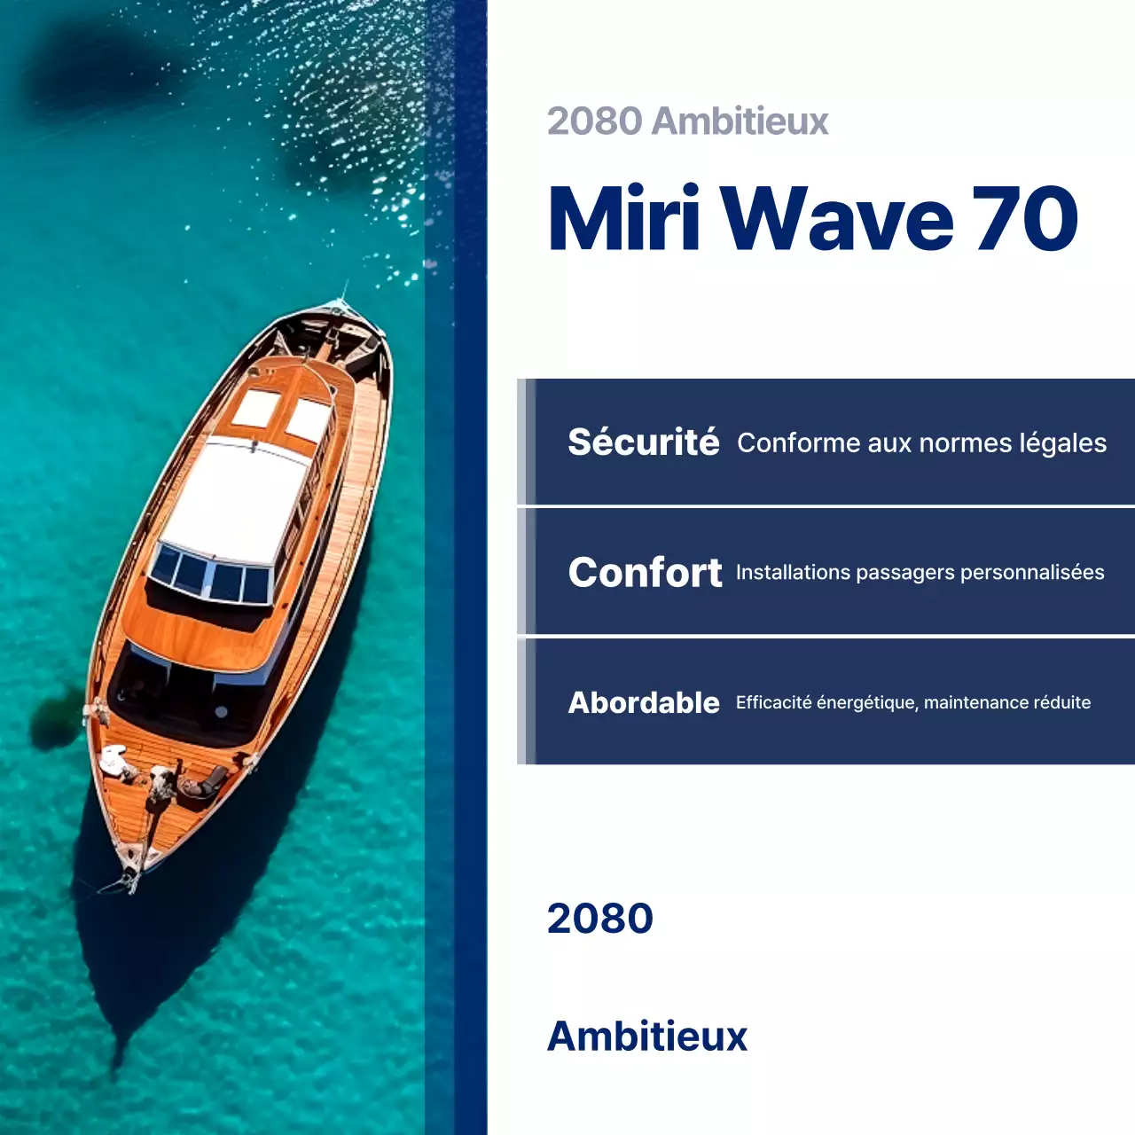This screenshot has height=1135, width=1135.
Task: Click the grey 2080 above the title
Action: pyautogui.click(x=594, y=121)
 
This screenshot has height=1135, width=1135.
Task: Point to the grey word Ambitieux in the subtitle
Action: pyautogui.click(x=740, y=121)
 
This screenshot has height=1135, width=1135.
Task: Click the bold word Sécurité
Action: pyautogui.click(x=643, y=442)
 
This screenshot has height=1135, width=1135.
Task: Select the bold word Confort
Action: pyautogui.click(x=645, y=573)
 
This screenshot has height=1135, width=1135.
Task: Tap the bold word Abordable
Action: pyautogui.click(x=643, y=703)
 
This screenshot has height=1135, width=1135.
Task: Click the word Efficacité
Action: pyautogui.click(x=773, y=703)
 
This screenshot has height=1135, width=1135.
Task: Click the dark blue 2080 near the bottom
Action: pyautogui.click(x=599, y=919)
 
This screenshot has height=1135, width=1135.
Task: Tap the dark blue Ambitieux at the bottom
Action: pyautogui.click(x=647, y=1037)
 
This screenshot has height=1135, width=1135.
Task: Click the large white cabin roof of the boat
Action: pyautogui.click(x=235, y=501)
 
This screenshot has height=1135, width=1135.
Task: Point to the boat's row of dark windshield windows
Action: pyautogui.click(x=211, y=575)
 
